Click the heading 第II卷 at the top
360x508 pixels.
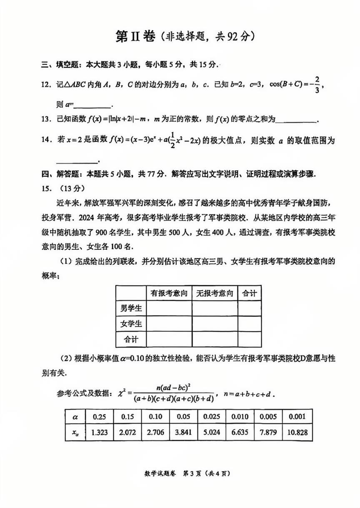click(x=134, y=37)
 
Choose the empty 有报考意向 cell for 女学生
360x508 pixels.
click(x=169, y=324)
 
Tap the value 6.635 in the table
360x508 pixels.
click(x=240, y=432)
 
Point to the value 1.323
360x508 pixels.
click(x=99, y=432)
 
